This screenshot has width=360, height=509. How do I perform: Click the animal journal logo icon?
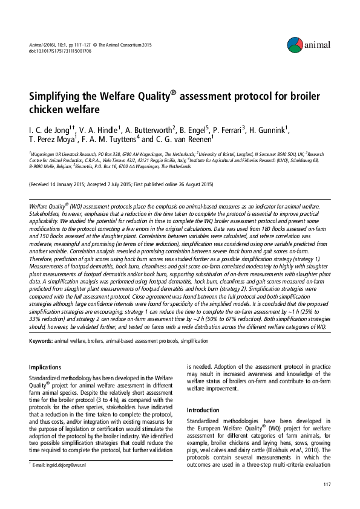[295, 44]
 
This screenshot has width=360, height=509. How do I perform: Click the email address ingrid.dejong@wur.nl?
[60, 465]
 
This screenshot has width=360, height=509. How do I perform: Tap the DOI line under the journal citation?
[60, 51]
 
